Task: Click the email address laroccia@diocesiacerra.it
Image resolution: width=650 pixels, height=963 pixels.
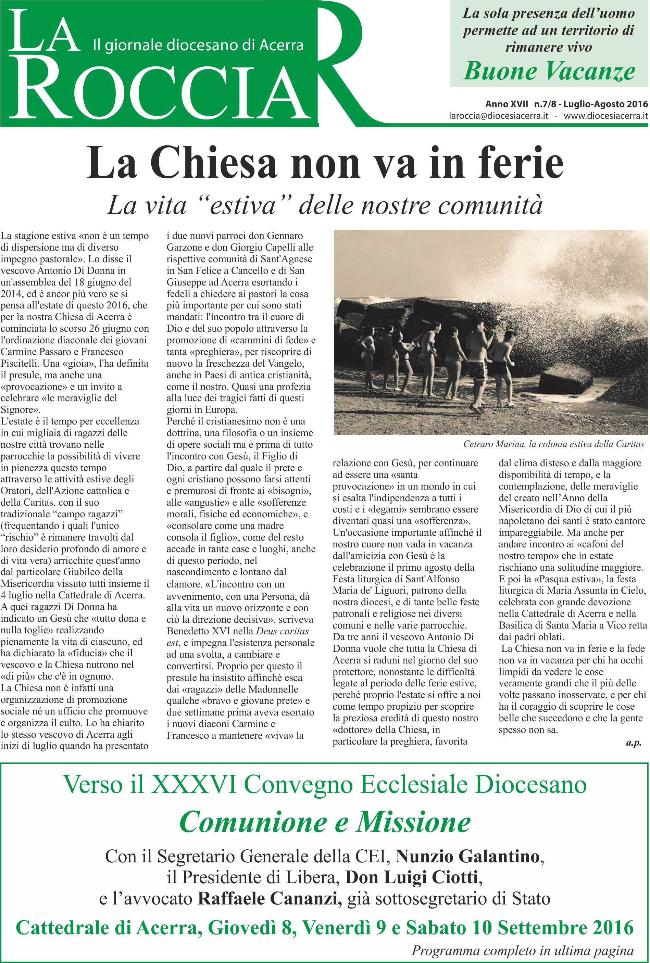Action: (498, 116)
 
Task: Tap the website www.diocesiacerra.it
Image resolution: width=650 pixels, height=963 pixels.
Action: (605, 116)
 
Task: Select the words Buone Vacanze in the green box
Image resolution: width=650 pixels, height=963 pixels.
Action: (549, 71)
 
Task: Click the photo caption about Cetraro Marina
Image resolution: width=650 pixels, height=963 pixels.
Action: (553, 444)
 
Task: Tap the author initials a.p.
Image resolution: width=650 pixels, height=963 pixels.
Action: (634, 743)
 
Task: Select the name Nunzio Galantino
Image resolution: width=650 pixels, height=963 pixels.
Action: (467, 856)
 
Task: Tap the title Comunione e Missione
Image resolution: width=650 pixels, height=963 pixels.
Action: (325, 823)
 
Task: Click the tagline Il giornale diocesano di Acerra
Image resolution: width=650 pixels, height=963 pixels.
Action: (198, 45)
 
